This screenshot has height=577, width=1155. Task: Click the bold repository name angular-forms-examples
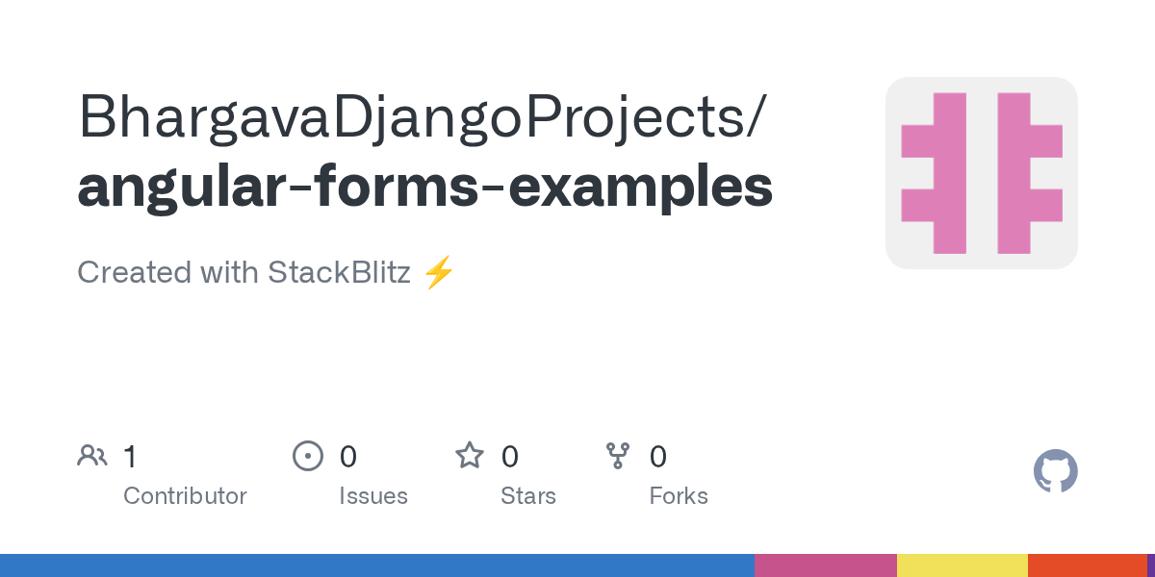pyautogui.click(x=424, y=188)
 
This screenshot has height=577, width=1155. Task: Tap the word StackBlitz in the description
pyautogui.click(x=339, y=271)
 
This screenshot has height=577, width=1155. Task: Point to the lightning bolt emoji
pyautogui.click(x=439, y=272)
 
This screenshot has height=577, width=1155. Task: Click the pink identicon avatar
pyautogui.click(x=982, y=173)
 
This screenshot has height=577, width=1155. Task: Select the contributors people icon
pyautogui.click(x=92, y=456)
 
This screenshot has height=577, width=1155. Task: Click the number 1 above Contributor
pyautogui.click(x=131, y=457)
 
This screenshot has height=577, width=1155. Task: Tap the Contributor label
pyautogui.click(x=185, y=496)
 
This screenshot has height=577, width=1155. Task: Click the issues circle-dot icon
pyautogui.click(x=308, y=456)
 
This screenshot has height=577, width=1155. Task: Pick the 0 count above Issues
pyautogui.click(x=348, y=457)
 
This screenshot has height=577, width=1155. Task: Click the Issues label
pyautogui.click(x=373, y=496)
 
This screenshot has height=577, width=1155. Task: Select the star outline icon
pyautogui.click(x=470, y=456)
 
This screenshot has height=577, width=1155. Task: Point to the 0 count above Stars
pyautogui.click(x=510, y=457)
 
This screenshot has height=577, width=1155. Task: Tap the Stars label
pyautogui.click(x=528, y=496)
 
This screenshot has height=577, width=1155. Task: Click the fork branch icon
pyautogui.click(x=618, y=456)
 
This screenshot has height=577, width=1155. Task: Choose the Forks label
pyautogui.click(x=679, y=496)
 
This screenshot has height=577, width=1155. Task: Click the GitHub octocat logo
pyautogui.click(x=1056, y=471)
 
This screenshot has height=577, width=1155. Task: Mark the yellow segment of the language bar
pyautogui.click(x=962, y=565)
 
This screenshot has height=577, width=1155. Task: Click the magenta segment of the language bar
pyautogui.click(x=826, y=565)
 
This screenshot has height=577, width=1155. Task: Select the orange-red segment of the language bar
pyautogui.click(x=1088, y=565)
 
